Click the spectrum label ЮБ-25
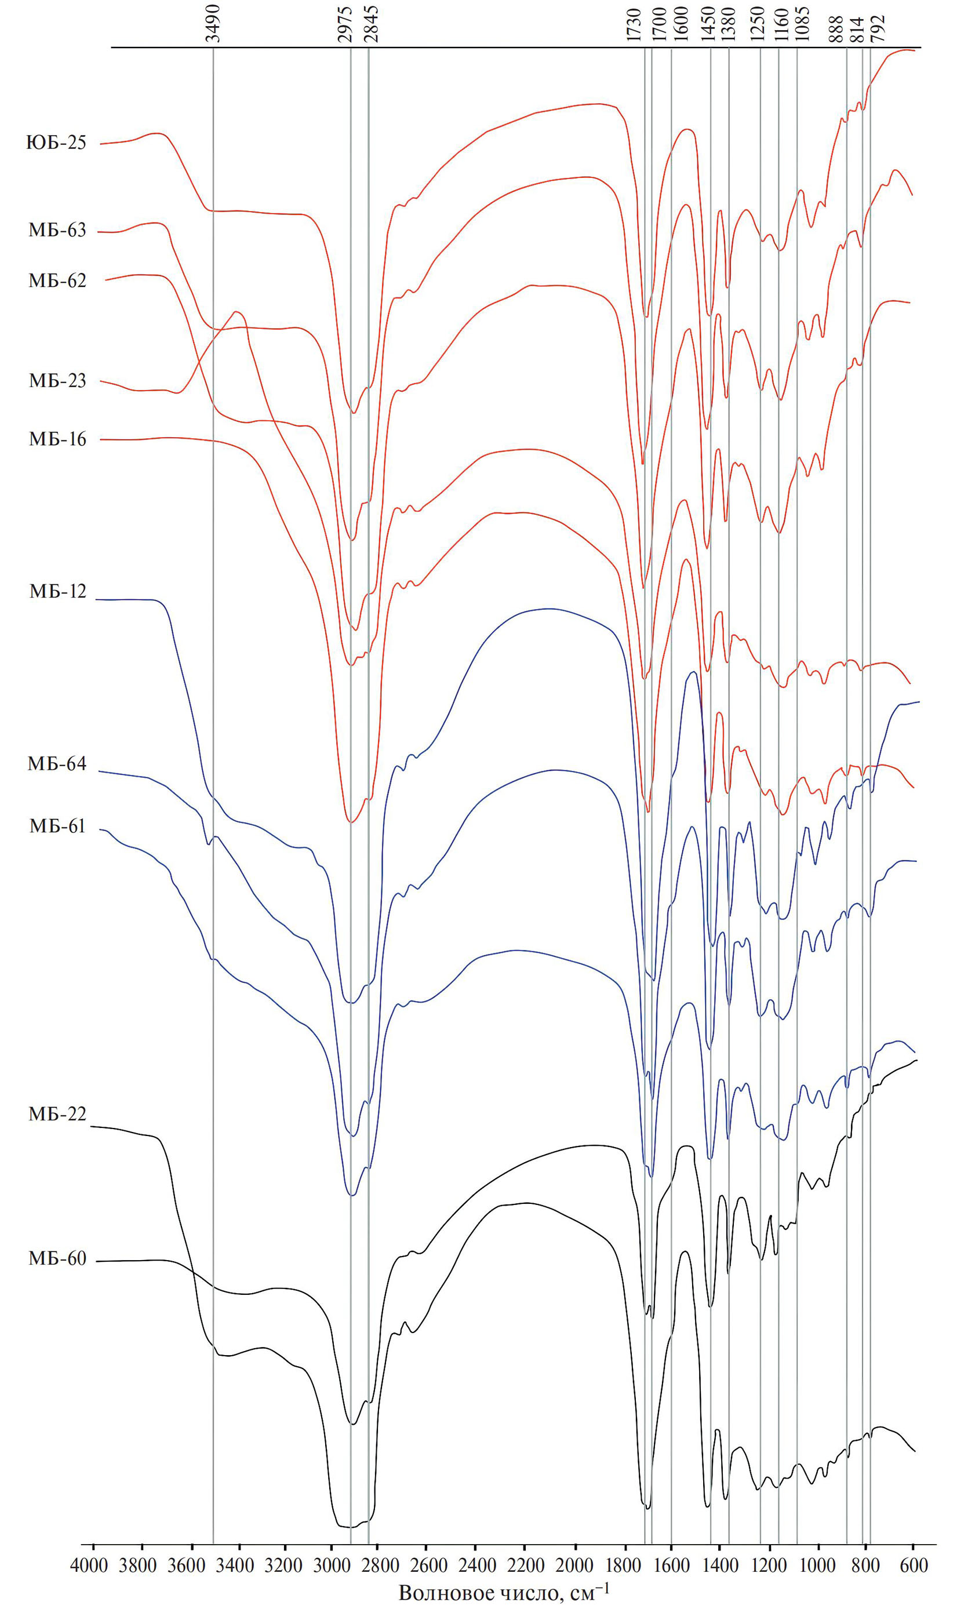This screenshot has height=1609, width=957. tap(56, 143)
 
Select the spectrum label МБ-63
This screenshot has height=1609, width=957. tap(57, 230)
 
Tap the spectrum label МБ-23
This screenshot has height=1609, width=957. tap(57, 380)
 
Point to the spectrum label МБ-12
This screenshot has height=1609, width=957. tap(57, 591)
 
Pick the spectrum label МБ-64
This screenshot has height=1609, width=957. tap(57, 764)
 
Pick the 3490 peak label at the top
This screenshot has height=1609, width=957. tap(213, 23)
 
